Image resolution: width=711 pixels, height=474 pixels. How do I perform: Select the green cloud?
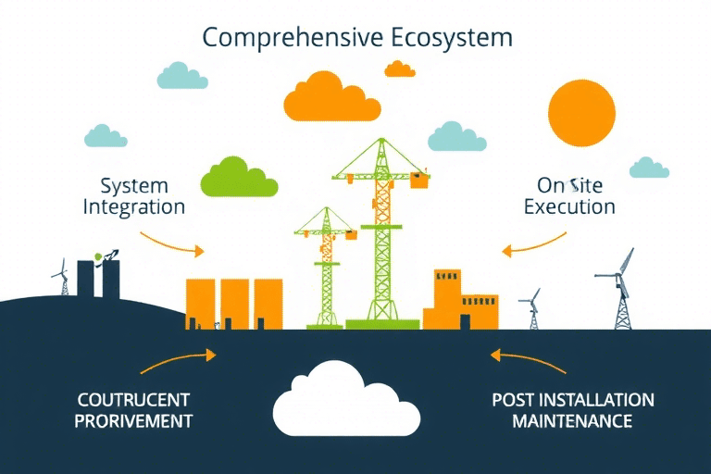point(238,178)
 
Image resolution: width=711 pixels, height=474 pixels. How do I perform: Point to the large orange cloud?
point(331,98)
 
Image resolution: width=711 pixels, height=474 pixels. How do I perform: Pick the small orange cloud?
point(399,69)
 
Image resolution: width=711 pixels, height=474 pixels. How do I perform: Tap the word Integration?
point(133,206)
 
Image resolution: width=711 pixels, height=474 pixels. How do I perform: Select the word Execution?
point(569,206)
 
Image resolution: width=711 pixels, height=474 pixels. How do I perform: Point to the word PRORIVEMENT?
point(134,421)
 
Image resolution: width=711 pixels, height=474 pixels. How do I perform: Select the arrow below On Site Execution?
point(533,244)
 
